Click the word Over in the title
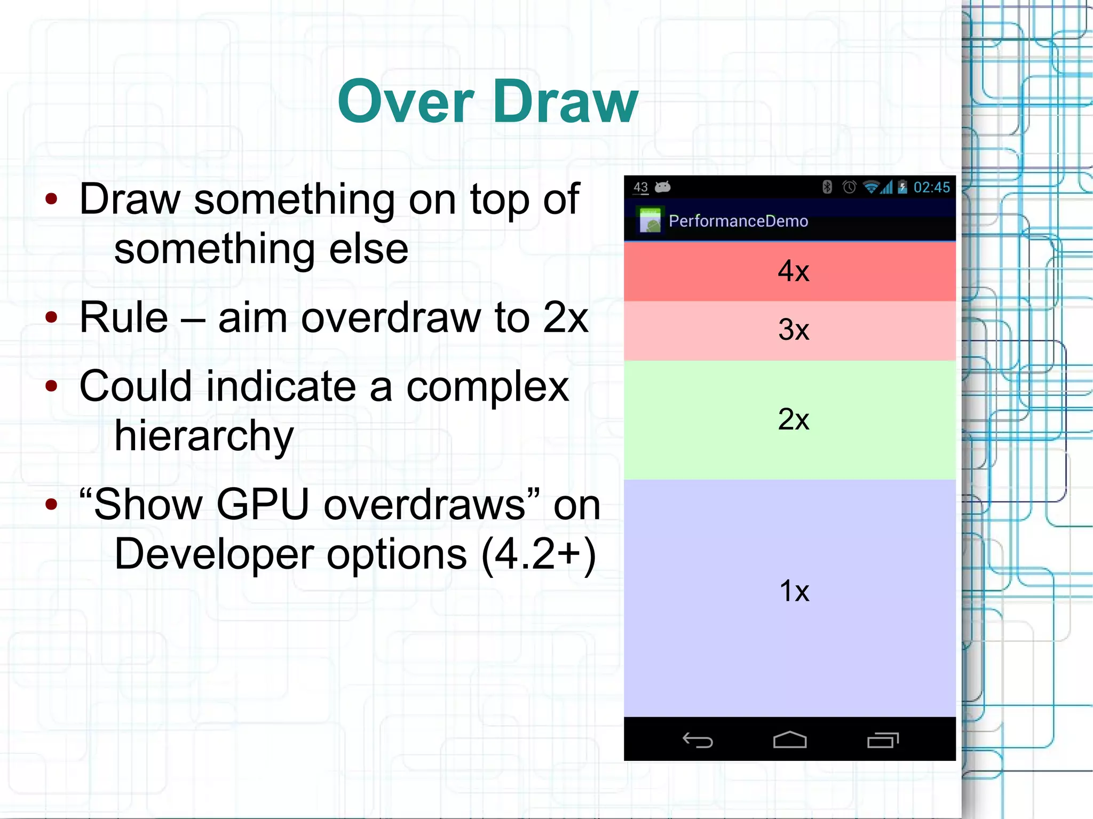(406, 102)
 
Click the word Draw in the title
(566, 102)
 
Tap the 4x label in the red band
(793, 271)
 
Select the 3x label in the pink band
(793, 330)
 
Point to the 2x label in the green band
(793, 419)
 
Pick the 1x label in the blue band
(794, 591)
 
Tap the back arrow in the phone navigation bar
(698, 740)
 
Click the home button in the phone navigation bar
(790, 740)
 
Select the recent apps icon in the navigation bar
(883, 740)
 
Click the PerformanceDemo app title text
(738, 221)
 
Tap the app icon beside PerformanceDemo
(650, 220)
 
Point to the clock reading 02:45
(931, 187)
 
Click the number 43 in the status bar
(640, 187)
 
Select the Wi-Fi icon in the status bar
(871, 187)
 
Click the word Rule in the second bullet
(124, 318)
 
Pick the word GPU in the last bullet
(263, 505)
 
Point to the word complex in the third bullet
(487, 387)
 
